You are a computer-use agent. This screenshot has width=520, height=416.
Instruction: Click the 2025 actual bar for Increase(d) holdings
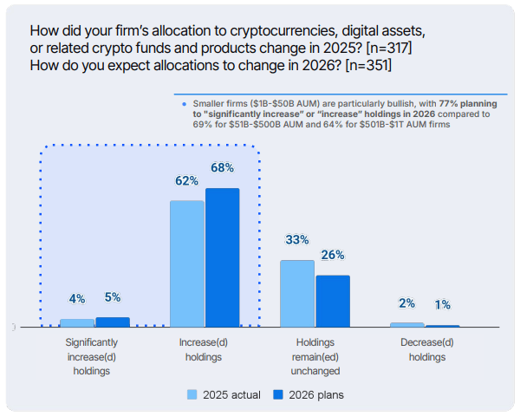[187, 263]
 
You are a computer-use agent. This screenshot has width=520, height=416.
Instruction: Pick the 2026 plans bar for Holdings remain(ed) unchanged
[333, 301]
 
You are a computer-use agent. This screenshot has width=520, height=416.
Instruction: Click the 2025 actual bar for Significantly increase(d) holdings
[77, 322]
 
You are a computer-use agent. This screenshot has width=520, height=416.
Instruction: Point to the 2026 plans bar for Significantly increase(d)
[112, 322]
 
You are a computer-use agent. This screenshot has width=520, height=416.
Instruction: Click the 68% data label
[222, 167]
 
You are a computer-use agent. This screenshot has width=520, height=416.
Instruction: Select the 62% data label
[187, 180]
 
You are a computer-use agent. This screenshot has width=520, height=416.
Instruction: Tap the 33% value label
[297, 240]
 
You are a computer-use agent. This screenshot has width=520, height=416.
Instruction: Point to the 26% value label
[333, 255]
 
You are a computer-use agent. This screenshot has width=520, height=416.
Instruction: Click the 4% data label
[77, 299]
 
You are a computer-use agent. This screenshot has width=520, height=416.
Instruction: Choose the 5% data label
[113, 297]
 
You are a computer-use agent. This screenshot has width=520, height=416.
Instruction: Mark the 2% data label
[407, 303]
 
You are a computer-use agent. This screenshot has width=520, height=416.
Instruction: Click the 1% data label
[443, 305]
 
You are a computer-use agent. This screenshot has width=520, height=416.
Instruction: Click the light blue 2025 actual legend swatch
[192, 395]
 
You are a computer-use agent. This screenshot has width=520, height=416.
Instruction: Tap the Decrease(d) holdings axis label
[427, 349]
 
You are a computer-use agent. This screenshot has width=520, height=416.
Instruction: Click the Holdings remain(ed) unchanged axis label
[315, 356]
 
